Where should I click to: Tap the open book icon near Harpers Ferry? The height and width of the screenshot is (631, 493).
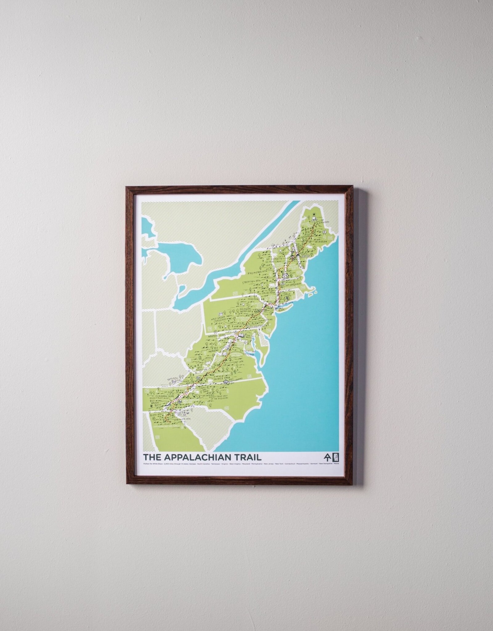[x=241, y=335]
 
